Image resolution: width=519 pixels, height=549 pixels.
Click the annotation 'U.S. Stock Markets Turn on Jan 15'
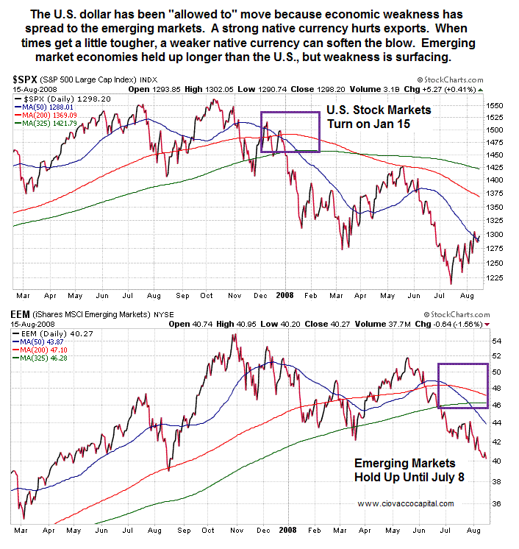coord(379,116)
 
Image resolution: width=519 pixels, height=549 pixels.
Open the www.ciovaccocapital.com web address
coord(406,503)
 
